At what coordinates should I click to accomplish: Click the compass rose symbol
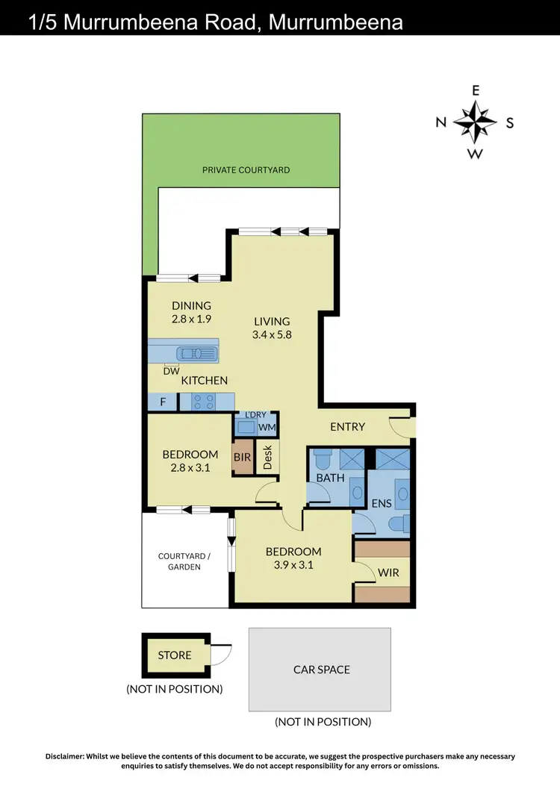point(476,122)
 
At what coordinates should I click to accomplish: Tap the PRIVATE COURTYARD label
point(246,170)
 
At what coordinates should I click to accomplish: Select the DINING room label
point(192,305)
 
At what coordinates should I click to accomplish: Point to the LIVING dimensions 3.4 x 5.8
point(272,335)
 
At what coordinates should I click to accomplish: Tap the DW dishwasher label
point(172,370)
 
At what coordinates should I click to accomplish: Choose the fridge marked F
point(162,402)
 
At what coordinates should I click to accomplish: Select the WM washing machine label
point(267,428)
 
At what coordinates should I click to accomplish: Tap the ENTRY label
point(348,427)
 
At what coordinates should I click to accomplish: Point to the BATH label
point(330,477)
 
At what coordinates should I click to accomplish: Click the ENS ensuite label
point(382,504)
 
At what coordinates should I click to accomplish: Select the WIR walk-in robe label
point(388,573)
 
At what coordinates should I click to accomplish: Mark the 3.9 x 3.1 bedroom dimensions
point(294,565)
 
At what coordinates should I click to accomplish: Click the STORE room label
point(175,655)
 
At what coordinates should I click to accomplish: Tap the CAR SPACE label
point(322,670)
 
